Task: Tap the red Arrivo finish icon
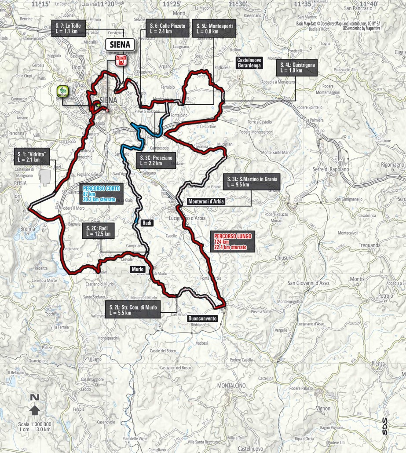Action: (x=119, y=61)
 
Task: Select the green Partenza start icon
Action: (x=62, y=91)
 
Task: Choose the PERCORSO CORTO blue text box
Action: (x=100, y=194)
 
